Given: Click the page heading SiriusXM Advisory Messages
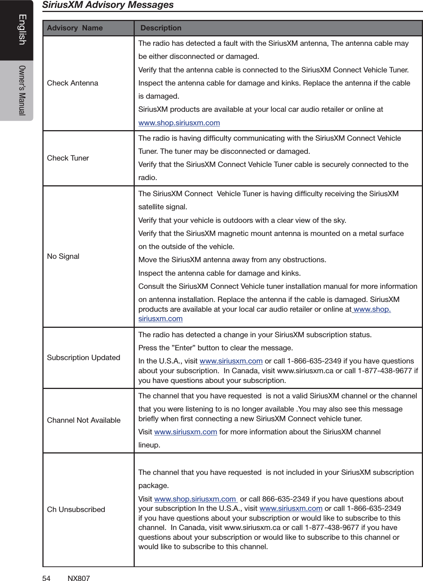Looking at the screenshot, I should tap(108, 5).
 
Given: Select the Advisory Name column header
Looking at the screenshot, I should tap(75, 28).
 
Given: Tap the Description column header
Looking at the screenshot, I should tap(161, 28).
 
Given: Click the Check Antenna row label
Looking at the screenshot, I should tap(72, 83).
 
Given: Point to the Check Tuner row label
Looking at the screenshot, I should tap(68, 158).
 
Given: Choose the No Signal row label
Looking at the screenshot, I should tap(63, 257).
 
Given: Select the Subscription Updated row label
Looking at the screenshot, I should tap(83, 358).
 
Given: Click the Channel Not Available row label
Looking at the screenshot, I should tap(84, 420).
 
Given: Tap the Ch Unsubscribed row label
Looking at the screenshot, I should tap(76, 510).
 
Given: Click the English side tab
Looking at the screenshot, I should tap(22, 30).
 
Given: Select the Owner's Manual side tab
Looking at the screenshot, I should tap(22, 90).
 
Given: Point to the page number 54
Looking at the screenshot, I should tap(46, 578).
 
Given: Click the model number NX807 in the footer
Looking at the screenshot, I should tap(78, 578).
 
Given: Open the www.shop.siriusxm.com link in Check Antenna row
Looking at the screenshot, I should tap(179, 123).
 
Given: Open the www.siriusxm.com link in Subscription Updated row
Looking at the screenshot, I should tap(231, 361).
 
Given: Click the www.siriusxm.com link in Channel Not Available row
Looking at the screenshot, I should tap(185, 432).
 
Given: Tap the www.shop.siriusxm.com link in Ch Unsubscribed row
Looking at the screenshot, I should tap(195, 499).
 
